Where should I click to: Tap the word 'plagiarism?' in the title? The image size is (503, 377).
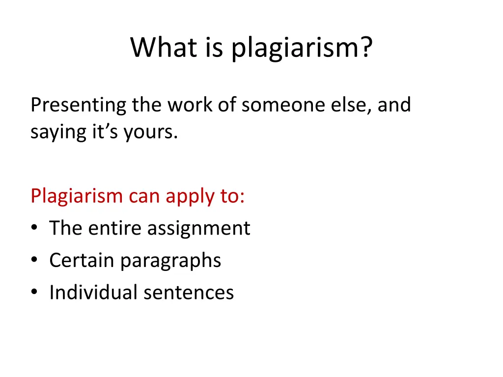click(302, 49)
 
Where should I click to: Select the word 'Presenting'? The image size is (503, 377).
click(79, 106)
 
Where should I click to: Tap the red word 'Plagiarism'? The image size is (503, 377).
click(76, 196)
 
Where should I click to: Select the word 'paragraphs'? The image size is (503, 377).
click(170, 261)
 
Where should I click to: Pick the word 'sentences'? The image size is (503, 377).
click(189, 293)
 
